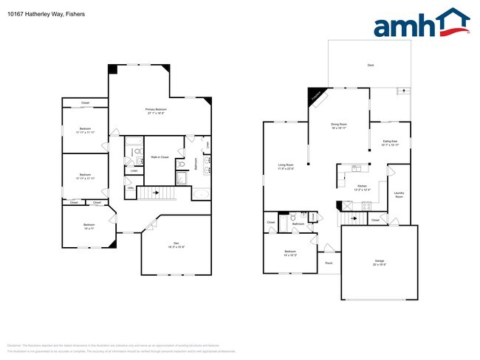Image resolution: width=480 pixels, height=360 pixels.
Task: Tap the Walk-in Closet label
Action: coord(160,158)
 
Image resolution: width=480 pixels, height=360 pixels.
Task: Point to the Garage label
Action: coord(379,260)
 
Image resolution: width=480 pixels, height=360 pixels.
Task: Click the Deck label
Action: coord(370,66)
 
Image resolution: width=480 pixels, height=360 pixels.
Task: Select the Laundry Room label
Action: coord(399,195)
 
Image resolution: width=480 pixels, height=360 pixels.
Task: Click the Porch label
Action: coord(329,261)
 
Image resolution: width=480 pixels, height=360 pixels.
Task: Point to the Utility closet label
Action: coord(131,188)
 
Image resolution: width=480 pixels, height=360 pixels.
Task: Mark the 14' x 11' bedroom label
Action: coord(89,226)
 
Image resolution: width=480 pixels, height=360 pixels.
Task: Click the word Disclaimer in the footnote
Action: coord(14,345)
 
